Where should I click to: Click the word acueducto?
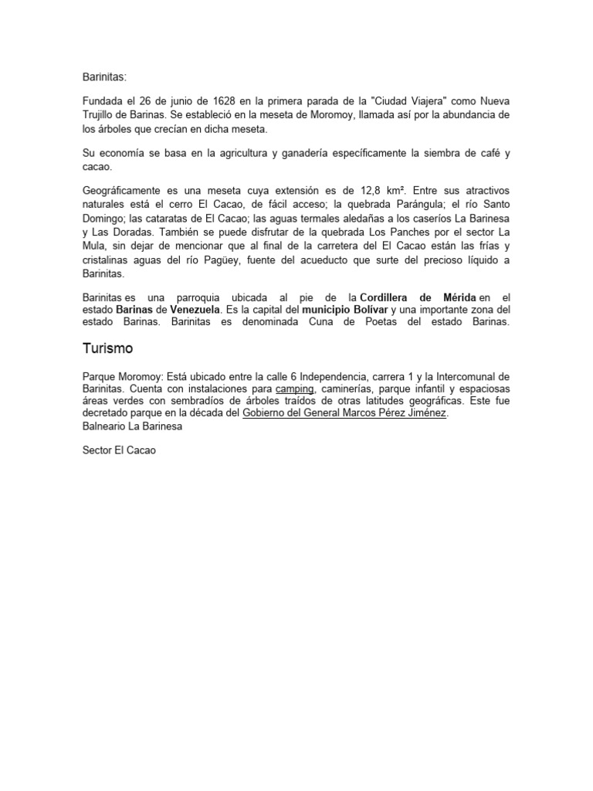click(349, 260)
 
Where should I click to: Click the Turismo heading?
click(107, 349)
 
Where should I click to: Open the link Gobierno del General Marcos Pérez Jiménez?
click(344, 413)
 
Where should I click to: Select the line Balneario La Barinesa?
click(132, 426)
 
